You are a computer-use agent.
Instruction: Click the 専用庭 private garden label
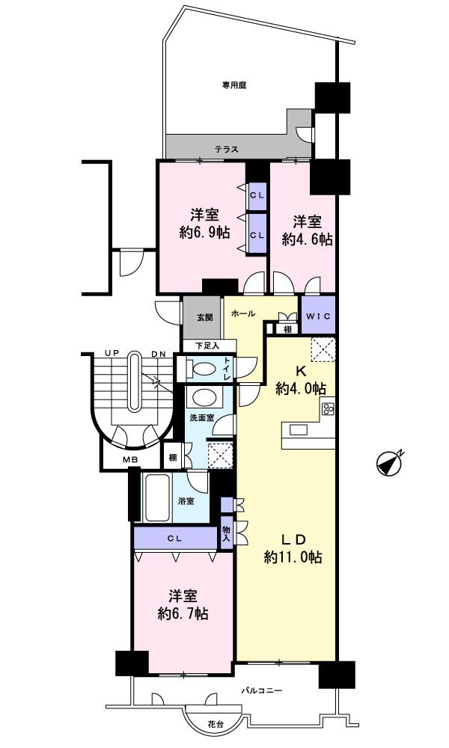(x=233, y=85)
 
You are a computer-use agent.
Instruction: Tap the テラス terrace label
(x=226, y=149)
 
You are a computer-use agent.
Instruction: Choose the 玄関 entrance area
(x=204, y=317)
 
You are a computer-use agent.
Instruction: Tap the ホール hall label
(x=244, y=313)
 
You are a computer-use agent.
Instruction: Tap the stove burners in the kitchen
(x=328, y=408)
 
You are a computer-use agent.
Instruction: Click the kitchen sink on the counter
(x=298, y=429)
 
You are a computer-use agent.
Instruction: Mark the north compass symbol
(x=390, y=463)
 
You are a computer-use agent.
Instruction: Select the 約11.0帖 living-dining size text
(x=293, y=558)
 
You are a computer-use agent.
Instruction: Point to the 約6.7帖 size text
(x=183, y=614)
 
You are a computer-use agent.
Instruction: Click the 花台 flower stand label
(x=214, y=724)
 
